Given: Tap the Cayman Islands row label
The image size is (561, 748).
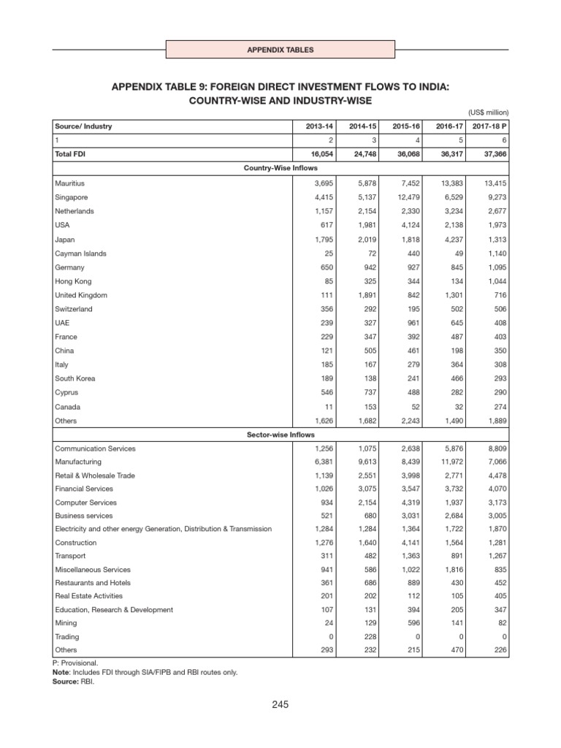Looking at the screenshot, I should pyautogui.click(x=80, y=253).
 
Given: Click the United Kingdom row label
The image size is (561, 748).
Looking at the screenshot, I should pyautogui.click(x=81, y=295).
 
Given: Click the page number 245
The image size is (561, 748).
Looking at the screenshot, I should pyautogui.click(x=280, y=705).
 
